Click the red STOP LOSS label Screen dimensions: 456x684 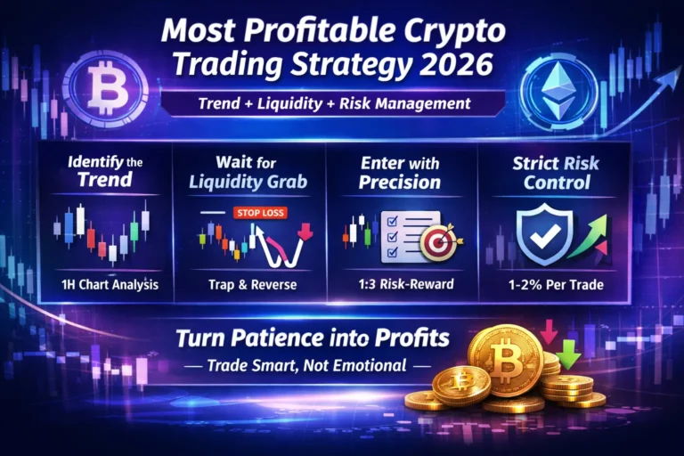pyautogui.click(x=257, y=213)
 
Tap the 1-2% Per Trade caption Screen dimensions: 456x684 pyautogui.click(x=555, y=286)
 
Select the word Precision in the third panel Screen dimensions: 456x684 pyautogui.click(x=400, y=183)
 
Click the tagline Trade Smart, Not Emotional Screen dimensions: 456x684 pyautogui.click(x=306, y=364)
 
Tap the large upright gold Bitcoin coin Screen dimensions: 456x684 pyautogui.click(x=505, y=360)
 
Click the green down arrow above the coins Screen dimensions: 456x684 pyautogui.click(x=569, y=358)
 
